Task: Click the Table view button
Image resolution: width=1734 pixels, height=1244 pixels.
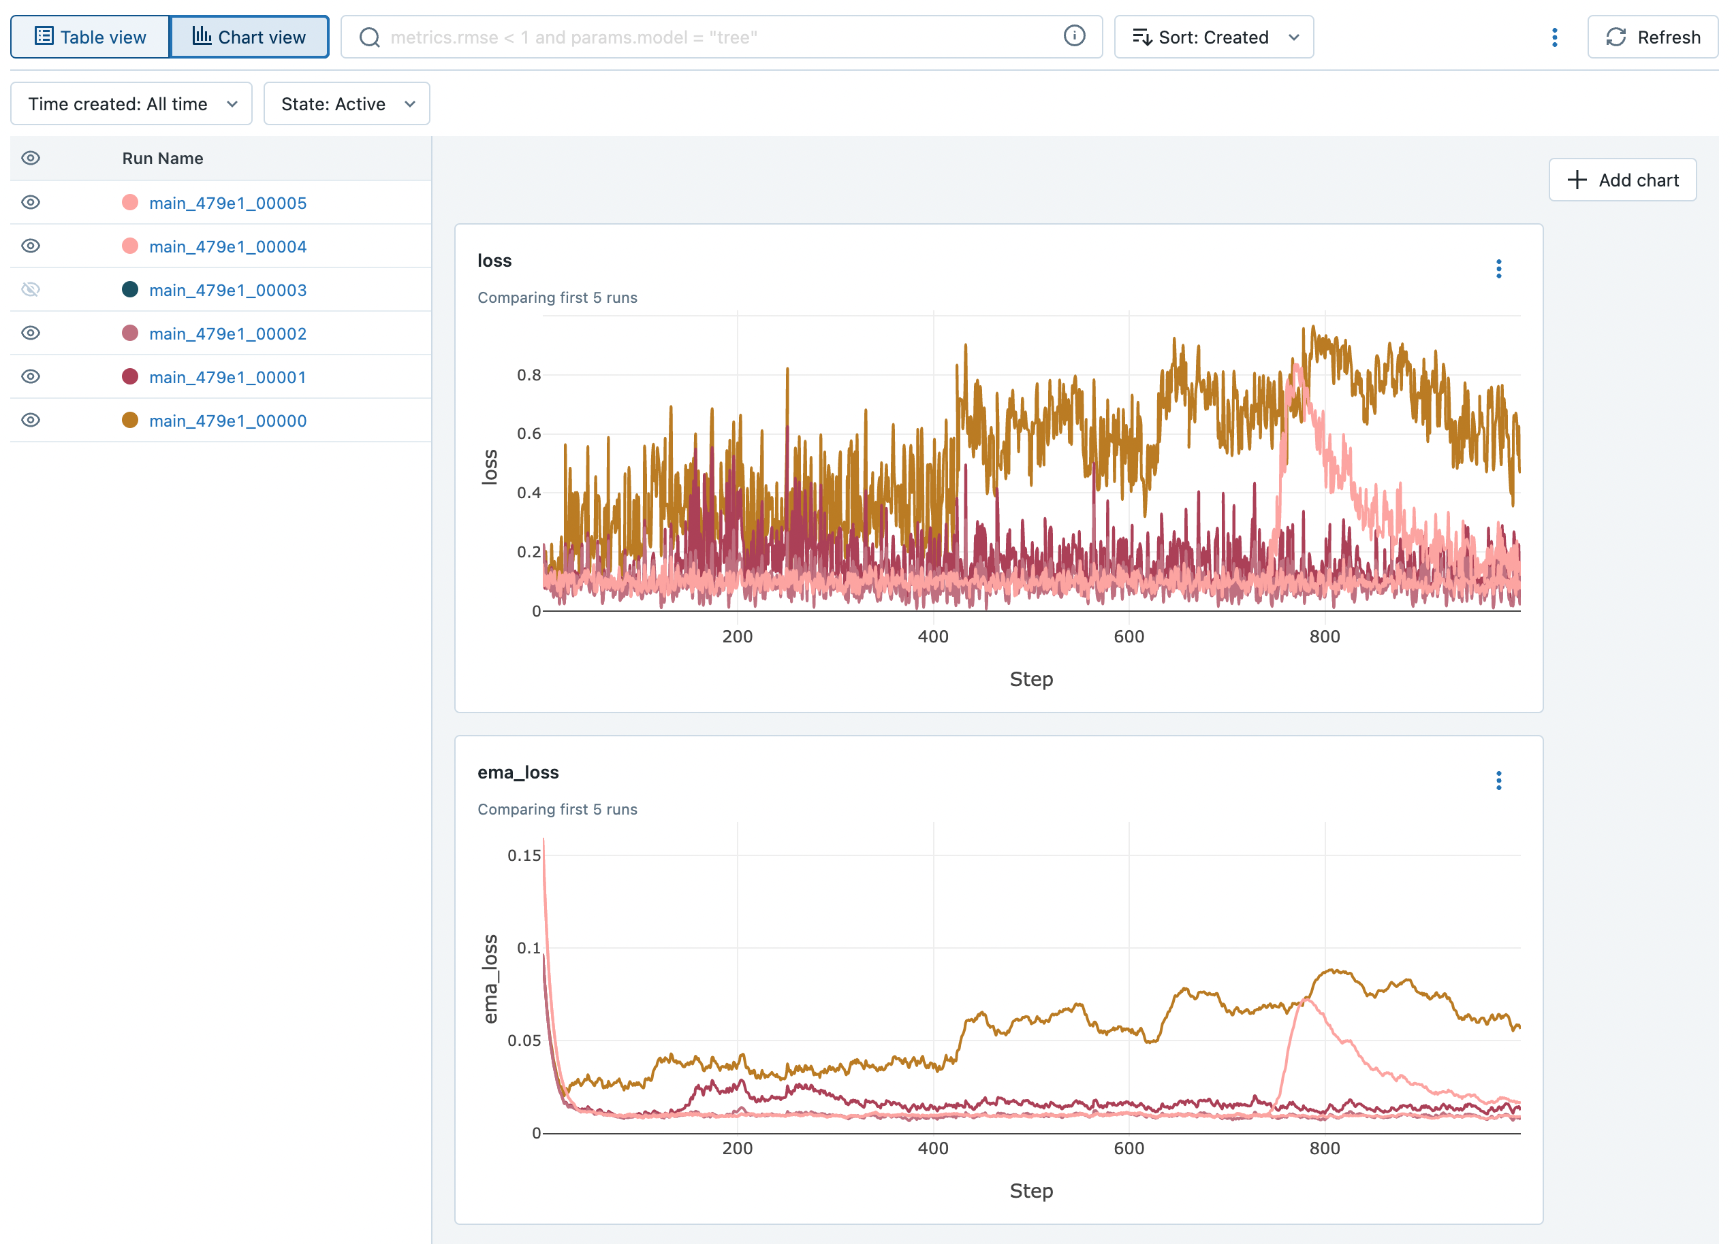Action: (x=90, y=37)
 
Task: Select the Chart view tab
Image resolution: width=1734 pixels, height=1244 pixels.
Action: (x=249, y=37)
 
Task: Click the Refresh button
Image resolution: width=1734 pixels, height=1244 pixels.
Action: (x=1652, y=37)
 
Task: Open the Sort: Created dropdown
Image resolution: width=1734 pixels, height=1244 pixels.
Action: (x=1214, y=37)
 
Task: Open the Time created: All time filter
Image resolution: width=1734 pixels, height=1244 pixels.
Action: (x=131, y=104)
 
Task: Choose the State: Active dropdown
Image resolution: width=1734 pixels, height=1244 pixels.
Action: (x=347, y=104)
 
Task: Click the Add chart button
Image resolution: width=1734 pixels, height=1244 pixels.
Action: (x=1622, y=180)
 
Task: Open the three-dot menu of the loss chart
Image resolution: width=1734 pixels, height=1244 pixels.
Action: (x=1498, y=269)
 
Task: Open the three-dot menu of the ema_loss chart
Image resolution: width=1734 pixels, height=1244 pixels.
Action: (x=1498, y=780)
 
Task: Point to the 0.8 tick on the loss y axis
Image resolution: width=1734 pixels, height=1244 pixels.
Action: (x=529, y=375)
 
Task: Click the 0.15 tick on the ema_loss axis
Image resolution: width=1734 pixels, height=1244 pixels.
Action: (x=524, y=855)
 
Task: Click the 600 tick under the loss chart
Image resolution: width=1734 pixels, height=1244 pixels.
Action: (x=1129, y=636)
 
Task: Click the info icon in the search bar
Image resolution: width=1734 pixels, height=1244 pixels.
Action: (x=1073, y=36)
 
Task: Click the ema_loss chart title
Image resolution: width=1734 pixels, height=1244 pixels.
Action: (x=518, y=772)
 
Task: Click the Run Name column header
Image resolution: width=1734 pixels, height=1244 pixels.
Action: (x=162, y=158)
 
